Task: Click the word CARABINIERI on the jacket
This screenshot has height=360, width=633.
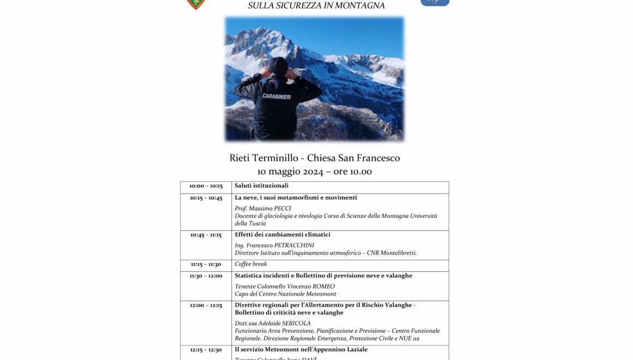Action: point(277,97)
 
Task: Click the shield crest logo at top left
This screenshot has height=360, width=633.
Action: point(196,4)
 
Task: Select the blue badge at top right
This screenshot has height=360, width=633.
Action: point(435,3)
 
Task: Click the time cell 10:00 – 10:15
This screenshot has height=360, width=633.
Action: point(206,186)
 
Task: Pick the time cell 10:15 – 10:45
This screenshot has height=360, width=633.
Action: point(206,198)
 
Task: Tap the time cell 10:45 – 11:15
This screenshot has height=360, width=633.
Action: point(206,235)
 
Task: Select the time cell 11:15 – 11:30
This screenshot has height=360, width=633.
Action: point(206,265)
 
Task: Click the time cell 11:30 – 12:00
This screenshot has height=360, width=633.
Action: point(206,276)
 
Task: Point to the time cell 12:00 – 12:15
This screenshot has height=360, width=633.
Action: point(206,305)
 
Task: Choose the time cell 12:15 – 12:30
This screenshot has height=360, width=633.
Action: point(206,350)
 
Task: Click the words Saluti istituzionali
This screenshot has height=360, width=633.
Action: point(261,186)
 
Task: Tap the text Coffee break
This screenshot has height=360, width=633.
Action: point(251,265)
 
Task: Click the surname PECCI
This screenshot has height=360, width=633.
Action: point(281,209)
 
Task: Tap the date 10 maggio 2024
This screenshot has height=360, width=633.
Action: point(291,172)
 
